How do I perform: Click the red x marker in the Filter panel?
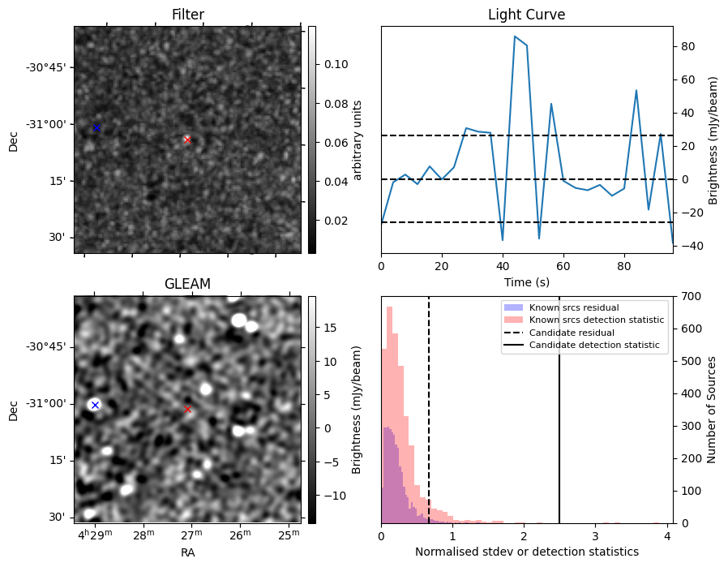pos(187,140)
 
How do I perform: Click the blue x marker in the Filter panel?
pos(96,127)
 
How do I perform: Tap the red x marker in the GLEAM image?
pos(187,409)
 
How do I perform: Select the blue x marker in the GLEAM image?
pos(95,405)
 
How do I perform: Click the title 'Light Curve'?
pos(526,15)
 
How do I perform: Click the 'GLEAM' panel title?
pos(187,284)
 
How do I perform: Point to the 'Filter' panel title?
pos(187,15)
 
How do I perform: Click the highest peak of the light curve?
pos(515,37)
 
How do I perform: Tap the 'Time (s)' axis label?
pos(526,281)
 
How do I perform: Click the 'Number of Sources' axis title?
pos(712,410)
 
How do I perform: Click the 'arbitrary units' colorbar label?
pos(357,140)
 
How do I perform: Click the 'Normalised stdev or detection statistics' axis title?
pos(526,552)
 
